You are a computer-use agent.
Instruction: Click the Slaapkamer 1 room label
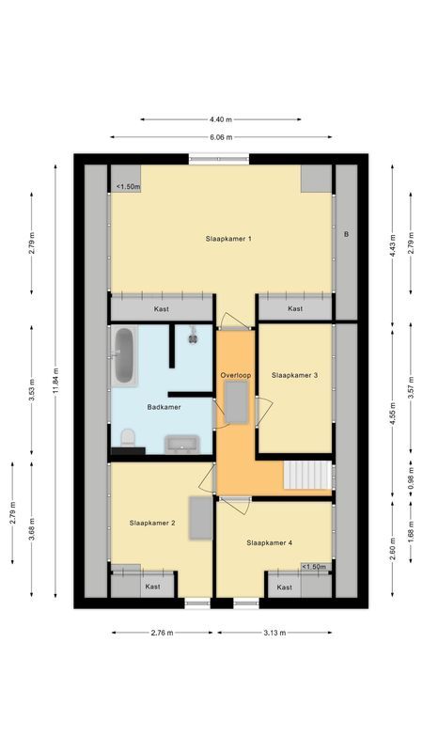coord(227,239)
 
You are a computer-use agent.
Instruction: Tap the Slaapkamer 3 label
coord(294,375)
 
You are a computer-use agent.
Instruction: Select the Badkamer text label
coord(164,407)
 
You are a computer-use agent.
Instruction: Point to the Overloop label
coord(236,375)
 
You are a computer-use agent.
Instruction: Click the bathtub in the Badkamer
coord(124,355)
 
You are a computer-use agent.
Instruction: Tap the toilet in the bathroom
coord(128,438)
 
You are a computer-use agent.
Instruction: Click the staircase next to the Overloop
coord(307,476)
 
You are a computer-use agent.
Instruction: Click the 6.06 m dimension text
coord(221,136)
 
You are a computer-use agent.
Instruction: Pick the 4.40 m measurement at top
coord(221,119)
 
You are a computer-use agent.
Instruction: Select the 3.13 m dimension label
coord(274,633)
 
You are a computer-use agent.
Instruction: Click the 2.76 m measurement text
coord(162,633)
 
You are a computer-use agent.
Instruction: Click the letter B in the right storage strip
coord(346,233)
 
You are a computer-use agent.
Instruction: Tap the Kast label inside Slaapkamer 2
coord(152,587)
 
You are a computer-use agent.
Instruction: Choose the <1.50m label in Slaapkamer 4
coord(314,567)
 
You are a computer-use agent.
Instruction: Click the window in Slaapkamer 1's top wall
coord(219,159)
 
